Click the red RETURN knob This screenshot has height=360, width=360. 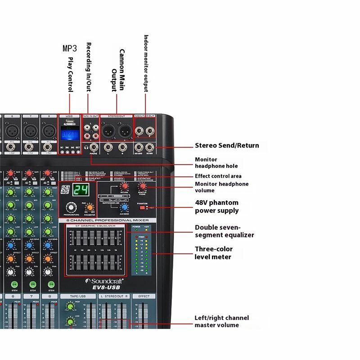pos(125,186)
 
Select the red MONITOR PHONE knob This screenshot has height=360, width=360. pos(143,186)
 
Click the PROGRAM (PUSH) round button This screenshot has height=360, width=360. pos(70,207)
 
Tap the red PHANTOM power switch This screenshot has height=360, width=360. pos(144,207)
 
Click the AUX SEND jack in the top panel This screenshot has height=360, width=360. pos(139,147)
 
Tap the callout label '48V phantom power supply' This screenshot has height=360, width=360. pos(216,207)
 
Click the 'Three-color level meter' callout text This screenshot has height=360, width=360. pos(214,253)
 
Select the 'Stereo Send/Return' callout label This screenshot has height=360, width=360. pos(227,145)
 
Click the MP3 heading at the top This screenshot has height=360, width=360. pos(70,48)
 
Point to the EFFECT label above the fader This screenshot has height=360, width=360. pos(144,297)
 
